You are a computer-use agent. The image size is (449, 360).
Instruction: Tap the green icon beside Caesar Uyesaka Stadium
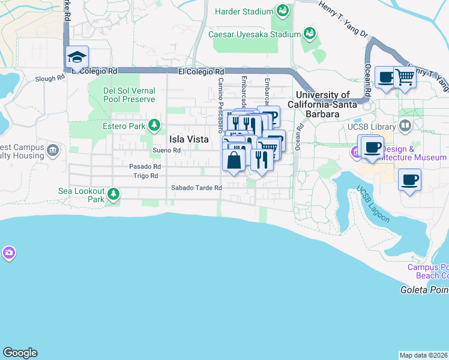(x=310, y=33)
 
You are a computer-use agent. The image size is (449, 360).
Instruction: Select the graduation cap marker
(x=77, y=58)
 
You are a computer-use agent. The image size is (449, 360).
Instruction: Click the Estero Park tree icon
(x=155, y=125)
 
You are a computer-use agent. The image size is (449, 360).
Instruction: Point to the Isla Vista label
(x=189, y=139)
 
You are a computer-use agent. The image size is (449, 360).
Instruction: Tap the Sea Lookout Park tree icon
(x=112, y=194)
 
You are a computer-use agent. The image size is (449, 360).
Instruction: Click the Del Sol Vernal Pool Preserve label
(x=129, y=95)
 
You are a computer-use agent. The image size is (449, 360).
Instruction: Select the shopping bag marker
(x=234, y=160)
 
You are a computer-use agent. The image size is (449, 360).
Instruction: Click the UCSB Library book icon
(x=405, y=126)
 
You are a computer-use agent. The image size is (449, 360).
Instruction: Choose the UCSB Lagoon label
(x=373, y=203)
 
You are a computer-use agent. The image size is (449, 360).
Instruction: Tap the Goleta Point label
(x=424, y=290)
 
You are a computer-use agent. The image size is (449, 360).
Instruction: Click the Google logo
(x=20, y=352)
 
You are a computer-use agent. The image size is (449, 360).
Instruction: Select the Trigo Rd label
(x=145, y=176)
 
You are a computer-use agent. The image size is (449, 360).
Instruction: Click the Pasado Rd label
(x=145, y=166)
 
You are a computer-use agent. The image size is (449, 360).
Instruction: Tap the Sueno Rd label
(x=167, y=150)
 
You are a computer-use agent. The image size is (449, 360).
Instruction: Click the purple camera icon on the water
(x=8, y=253)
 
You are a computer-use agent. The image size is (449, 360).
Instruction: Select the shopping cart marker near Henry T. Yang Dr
(x=405, y=78)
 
